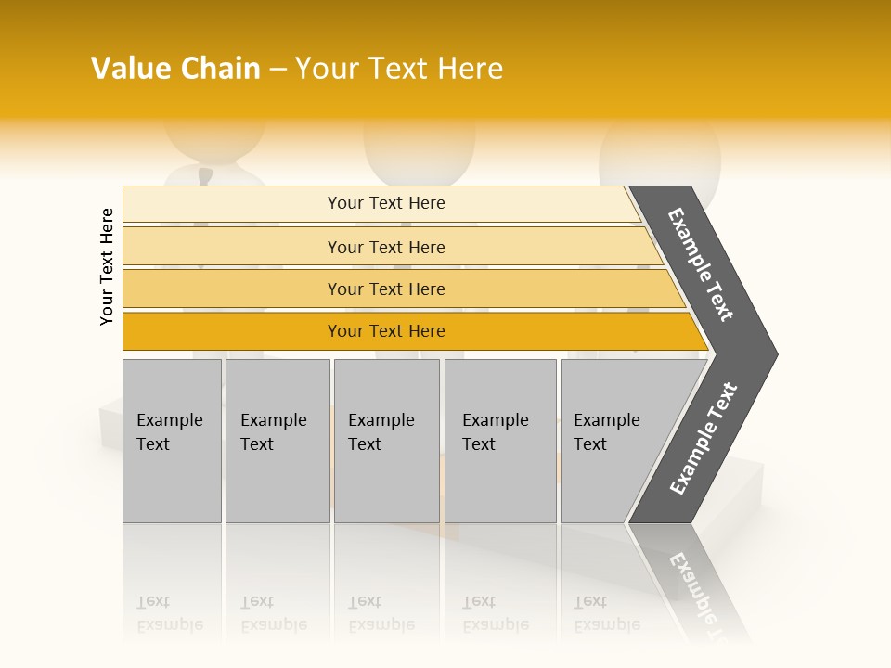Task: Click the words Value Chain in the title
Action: (175, 69)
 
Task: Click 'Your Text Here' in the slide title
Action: (399, 69)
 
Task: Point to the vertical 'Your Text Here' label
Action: (107, 266)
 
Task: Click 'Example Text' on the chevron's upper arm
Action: (701, 264)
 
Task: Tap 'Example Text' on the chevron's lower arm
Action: (703, 439)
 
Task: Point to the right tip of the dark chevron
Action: (775, 354)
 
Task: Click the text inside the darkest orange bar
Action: (386, 331)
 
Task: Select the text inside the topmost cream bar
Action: (386, 203)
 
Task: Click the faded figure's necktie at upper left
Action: (204, 175)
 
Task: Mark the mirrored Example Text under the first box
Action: (169, 613)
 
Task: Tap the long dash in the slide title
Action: (278, 70)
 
